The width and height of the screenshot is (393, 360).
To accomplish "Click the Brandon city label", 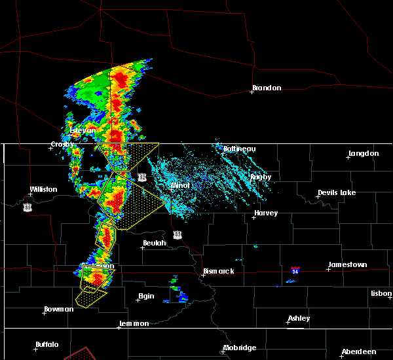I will point(267,88).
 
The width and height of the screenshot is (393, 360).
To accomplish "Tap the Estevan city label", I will point(83,130).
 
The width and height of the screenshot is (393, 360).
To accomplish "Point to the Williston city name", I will point(43,190).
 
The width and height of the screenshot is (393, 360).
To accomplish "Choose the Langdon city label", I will point(364,153).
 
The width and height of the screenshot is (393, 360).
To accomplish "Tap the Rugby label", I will point(261,177).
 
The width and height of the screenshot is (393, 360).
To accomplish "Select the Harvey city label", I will point(266,213).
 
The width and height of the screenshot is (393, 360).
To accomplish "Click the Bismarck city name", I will point(219,271).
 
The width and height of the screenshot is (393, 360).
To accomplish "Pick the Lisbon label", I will point(381,293).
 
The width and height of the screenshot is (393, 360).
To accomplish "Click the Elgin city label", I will point(146,296).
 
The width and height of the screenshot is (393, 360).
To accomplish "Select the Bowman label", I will point(59,309).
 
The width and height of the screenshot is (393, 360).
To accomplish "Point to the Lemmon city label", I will point(134,323).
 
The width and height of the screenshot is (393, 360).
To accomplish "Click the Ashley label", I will point(299,318).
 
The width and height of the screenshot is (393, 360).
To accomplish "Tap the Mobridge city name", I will point(239,348).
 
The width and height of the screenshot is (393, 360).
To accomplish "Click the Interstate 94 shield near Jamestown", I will point(295,270).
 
